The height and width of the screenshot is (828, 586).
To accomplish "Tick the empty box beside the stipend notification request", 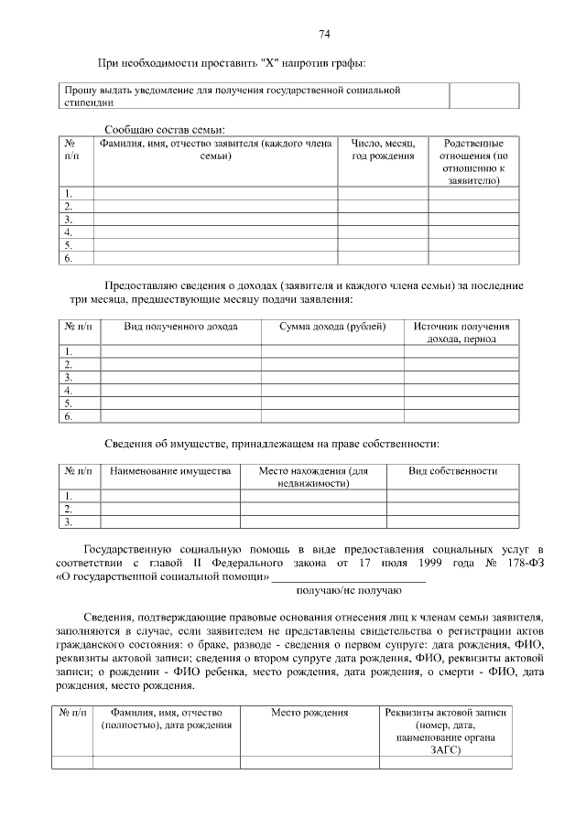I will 483,96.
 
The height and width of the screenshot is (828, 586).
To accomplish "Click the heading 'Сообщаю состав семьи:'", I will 165,131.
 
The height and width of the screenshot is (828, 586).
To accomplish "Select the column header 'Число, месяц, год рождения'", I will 384,150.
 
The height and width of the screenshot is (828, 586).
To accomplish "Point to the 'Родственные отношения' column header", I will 473,162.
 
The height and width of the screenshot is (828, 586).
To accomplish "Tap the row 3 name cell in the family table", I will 215,219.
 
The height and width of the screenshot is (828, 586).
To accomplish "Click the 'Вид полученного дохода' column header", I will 179,327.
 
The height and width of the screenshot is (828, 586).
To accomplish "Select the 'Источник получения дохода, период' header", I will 461,332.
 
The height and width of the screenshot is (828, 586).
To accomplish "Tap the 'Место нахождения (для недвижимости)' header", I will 313,477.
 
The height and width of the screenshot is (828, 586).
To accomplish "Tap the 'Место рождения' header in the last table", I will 309,712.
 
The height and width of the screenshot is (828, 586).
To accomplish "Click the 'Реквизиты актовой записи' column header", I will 448,731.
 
